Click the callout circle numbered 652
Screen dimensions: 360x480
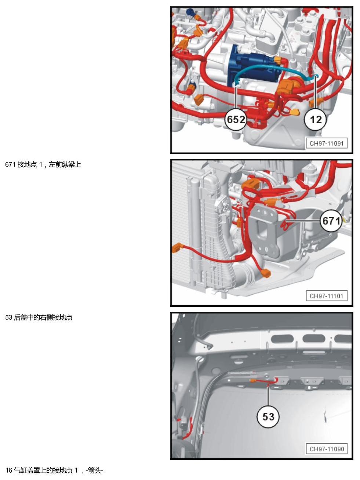[236, 120]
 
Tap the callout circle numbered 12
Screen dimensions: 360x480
[316, 120]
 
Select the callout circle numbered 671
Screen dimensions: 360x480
[331, 221]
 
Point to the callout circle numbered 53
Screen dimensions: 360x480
[268, 417]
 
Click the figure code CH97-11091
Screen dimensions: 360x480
[327, 143]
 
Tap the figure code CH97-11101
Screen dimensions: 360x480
[327, 296]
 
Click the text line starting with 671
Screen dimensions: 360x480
[43, 164]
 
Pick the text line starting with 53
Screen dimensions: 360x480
[39, 317]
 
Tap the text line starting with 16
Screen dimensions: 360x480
[54, 470]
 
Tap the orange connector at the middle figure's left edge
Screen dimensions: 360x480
[177, 248]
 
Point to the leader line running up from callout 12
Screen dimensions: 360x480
[315, 92]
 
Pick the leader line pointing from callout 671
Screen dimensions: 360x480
[303, 221]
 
